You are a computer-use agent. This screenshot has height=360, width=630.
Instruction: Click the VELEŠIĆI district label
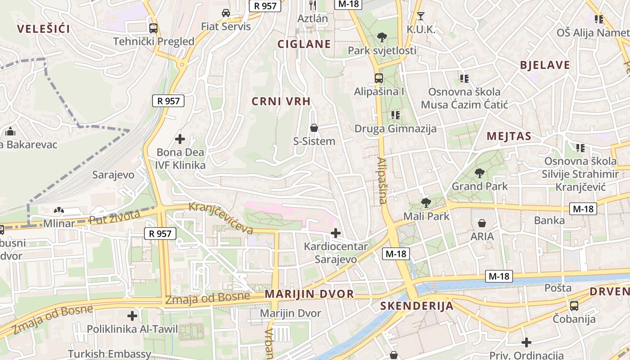point(44,29)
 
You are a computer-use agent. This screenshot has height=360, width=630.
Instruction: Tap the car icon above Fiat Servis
point(226,13)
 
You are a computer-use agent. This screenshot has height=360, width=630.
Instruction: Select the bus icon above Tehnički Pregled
point(153,28)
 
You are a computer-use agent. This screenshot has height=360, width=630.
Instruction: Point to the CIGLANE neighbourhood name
point(304,44)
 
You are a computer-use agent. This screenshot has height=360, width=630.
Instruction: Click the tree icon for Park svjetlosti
point(382,37)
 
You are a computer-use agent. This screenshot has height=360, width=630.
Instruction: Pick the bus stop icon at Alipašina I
point(379,78)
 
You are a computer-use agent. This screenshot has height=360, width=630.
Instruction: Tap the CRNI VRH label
point(281,102)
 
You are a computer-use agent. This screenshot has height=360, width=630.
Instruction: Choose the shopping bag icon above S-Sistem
point(314,128)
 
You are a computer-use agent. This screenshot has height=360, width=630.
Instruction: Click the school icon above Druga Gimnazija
point(396,115)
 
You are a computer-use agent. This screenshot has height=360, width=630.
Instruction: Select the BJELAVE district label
point(545,65)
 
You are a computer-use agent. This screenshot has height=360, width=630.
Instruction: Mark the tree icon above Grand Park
point(480,173)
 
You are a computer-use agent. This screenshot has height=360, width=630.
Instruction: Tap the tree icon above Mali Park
point(426,203)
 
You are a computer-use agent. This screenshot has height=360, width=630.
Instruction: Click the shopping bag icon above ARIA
point(482,223)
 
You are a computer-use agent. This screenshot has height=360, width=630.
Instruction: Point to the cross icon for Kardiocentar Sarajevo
point(336,233)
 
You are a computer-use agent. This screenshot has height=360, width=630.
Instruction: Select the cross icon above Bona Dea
point(180,139)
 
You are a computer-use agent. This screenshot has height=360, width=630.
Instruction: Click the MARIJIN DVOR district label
point(309,294)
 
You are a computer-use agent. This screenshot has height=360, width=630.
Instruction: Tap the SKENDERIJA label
point(417,306)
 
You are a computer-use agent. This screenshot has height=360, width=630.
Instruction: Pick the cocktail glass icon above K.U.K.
point(421,16)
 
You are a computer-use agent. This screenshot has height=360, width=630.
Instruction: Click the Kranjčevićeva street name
point(221,218)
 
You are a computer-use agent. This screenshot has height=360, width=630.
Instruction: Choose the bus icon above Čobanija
point(574,306)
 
